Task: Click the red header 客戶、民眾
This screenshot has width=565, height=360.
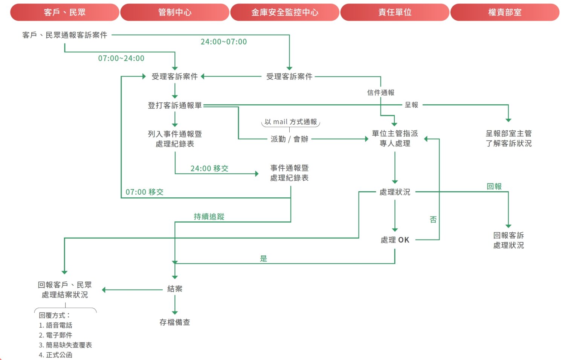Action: pyautogui.click(x=65, y=12)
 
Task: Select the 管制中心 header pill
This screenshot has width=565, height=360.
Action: pyautogui.click(x=175, y=12)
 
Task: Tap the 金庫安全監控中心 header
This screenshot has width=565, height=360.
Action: pyautogui.click(x=285, y=12)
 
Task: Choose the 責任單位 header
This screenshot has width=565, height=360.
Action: pyautogui.click(x=395, y=12)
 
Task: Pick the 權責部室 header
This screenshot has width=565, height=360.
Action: pyautogui.click(x=505, y=12)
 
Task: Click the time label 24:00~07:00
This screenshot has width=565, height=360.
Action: pyautogui.click(x=224, y=42)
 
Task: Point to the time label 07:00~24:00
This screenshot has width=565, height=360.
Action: pyautogui.click(x=121, y=58)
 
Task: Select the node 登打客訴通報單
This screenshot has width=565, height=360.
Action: pyautogui.click(x=175, y=105)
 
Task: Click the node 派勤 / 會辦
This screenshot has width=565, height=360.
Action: pyautogui.click(x=289, y=139)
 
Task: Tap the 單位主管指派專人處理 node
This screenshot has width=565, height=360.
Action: pyautogui.click(x=395, y=138)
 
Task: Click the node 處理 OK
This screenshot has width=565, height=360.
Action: pyautogui.click(x=395, y=240)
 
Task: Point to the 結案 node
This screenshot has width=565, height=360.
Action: pyautogui.click(x=175, y=289)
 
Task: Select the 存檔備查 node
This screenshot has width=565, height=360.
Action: pyautogui.click(x=175, y=322)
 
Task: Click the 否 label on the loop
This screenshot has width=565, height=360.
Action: pyautogui.click(x=433, y=220)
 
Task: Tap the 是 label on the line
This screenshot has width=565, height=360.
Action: pyautogui.click(x=264, y=258)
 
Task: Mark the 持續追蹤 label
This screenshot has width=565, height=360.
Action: pyautogui.click(x=209, y=217)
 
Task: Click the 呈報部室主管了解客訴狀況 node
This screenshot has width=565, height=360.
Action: pyautogui.click(x=508, y=138)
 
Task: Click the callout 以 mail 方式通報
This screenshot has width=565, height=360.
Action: pyautogui.click(x=290, y=122)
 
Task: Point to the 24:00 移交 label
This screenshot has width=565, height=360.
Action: pyautogui.click(x=209, y=168)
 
